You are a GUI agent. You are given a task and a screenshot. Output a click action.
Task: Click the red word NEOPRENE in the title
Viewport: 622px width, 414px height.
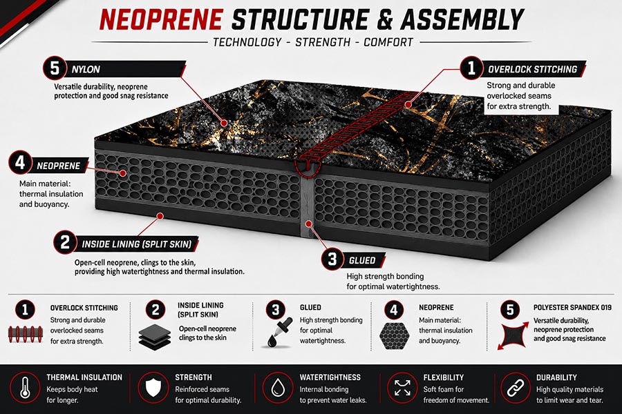[x=160, y=19]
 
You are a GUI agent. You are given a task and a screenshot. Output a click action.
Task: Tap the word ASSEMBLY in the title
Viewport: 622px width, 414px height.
[x=462, y=19]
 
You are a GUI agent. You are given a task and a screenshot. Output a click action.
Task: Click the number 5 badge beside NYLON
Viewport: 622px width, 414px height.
[x=55, y=68]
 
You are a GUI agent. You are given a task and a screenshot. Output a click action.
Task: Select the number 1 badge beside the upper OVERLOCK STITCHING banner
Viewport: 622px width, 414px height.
[x=471, y=68]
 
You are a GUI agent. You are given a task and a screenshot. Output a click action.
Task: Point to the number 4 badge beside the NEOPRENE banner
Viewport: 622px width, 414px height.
[x=20, y=162]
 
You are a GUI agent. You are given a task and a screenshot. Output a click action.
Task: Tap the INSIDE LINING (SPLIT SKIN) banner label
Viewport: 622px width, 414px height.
[x=137, y=244]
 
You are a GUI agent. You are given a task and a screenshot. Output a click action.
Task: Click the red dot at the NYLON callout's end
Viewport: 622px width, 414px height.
[x=224, y=123]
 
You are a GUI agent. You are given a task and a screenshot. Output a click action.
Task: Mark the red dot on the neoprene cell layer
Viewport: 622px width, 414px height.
[x=124, y=173]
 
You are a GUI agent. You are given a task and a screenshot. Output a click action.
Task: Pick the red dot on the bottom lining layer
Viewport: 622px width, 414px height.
[x=160, y=216]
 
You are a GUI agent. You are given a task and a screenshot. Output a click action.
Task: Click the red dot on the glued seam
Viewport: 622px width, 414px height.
[x=308, y=224]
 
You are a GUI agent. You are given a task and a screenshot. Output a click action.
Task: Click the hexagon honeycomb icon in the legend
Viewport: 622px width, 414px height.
[x=394, y=335]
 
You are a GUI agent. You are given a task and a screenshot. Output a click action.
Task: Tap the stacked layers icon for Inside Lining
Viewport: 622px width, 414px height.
[x=155, y=336]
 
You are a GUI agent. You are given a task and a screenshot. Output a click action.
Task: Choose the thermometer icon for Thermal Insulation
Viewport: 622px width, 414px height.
[x=25, y=388]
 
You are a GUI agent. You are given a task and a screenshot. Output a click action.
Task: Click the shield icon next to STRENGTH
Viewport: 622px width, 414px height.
[x=153, y=388]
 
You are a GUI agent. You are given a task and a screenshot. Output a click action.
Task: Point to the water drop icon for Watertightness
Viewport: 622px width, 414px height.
[x=278, y=388]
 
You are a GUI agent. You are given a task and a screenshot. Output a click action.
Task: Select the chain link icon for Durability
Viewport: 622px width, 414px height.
[x=516, y=388]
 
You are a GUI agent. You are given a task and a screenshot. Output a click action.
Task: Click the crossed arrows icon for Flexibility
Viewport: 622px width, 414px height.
[x=402, y=388]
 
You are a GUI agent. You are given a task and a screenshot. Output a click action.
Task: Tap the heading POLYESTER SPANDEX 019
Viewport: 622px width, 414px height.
[x=572, y=307]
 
